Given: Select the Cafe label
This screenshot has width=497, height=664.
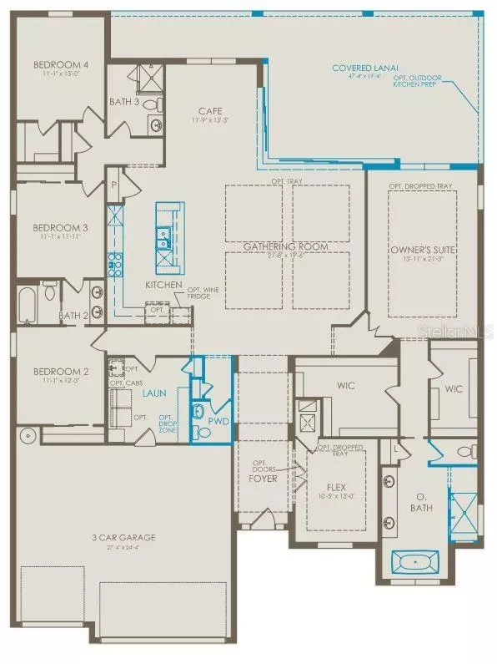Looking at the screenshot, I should click(x=208, y=110).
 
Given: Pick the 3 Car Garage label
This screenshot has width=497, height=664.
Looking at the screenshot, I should click(x=125, y=537).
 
